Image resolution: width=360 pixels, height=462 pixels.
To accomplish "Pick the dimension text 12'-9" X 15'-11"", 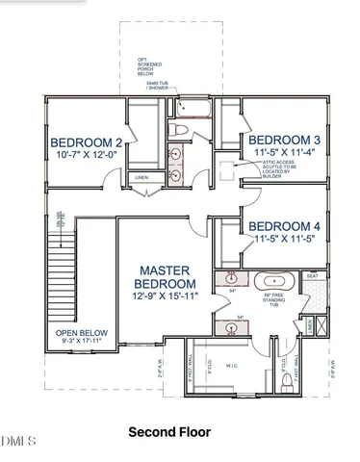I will click(165, 296).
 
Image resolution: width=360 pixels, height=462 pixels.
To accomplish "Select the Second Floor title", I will click(179, 433).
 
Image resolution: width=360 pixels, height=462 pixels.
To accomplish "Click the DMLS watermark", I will click(19, 441).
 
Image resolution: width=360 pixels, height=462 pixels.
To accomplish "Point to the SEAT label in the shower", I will click(311, 276).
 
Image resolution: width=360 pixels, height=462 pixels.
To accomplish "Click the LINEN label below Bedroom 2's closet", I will click(141, 178).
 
